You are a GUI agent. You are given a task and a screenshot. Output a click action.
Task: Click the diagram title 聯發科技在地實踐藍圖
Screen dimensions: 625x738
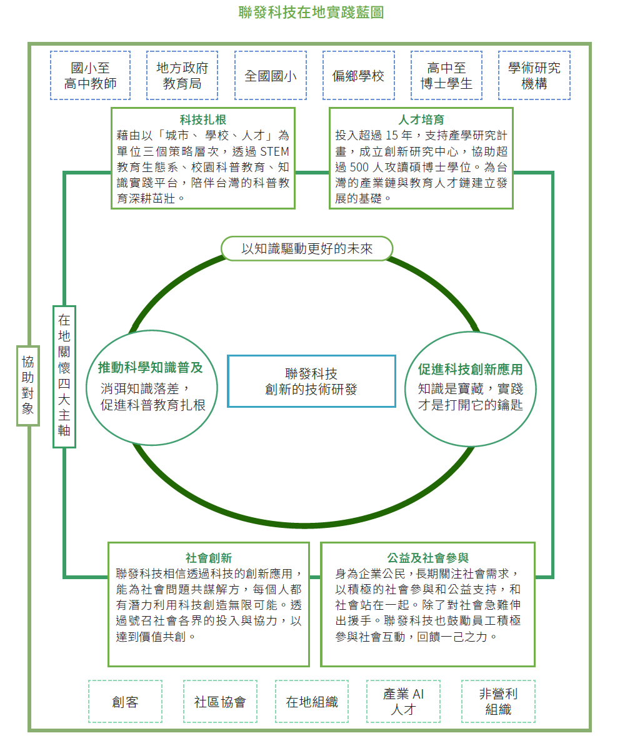[x=311, y=13]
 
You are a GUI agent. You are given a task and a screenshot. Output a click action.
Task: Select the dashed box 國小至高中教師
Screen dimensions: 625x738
[x=90, y=75]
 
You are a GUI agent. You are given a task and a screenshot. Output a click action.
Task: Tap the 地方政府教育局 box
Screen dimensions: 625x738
[x=182, y=75]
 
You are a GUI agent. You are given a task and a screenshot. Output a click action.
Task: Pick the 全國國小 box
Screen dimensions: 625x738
[x=271, y=75]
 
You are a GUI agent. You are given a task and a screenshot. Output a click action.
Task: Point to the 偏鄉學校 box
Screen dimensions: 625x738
[x=358, y=75]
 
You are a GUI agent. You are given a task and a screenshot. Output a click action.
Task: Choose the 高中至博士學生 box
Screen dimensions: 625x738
[x=446, y=75]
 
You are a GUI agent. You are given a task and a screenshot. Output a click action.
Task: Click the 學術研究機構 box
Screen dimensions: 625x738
[x=534, y=75]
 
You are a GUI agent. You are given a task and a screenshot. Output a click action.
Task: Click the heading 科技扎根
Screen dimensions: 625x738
[x=203, y=119]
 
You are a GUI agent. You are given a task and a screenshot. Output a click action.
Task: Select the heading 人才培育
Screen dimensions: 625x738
[x=421, y=119]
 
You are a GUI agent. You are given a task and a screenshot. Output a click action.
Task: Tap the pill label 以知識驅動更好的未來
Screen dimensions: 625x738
[x=307, y=248]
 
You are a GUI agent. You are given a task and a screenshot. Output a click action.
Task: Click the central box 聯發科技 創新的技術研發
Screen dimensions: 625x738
[x=311, y=382]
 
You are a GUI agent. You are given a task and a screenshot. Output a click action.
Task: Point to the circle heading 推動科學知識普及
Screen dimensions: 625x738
[x=151, y=368]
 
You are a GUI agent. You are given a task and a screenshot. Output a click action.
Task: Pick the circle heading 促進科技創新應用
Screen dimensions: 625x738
[x=470, y=370]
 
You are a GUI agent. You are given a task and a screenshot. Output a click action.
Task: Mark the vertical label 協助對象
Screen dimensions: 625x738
[x=27, y=385]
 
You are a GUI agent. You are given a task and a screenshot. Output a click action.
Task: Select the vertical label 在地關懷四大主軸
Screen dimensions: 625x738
[x=64, y=376]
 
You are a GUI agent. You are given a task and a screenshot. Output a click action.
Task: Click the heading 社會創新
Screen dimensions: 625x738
[x=209, y=559]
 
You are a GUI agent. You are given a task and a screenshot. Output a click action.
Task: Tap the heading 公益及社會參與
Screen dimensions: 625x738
[x=428, y=559]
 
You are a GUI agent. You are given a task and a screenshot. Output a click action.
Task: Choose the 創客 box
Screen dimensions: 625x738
[x=125, y=701]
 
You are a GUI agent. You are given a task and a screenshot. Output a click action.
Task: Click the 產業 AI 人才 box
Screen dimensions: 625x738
[x=404, y=701]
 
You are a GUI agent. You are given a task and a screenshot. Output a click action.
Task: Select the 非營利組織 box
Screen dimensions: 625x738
[x=499, y=701]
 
